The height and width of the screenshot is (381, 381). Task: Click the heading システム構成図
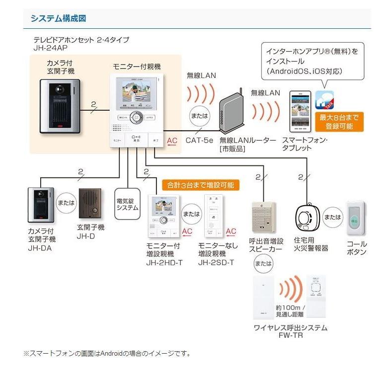(58, 19)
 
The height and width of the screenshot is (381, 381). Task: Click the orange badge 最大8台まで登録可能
(339, 122)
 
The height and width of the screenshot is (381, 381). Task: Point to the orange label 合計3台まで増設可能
(198, 185)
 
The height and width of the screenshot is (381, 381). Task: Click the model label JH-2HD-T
(164, 262)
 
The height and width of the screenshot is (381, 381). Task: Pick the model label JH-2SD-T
(216, 262)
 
